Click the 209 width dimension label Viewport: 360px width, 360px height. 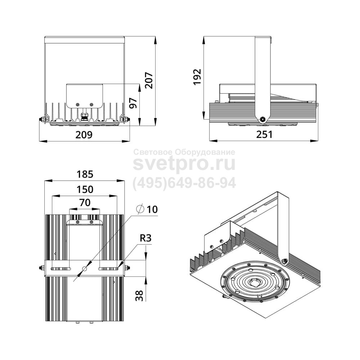(x=84, y=135)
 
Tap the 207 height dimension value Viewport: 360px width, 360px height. (x=149, y=80)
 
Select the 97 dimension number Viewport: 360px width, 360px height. (x=133, y=103)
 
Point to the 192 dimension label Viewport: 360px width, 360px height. (x=197, y=77)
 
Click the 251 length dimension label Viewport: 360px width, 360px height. (x=265, y=135)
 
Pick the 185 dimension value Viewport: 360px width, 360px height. (x=85, y=174)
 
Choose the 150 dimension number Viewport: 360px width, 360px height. (x=85, y=190)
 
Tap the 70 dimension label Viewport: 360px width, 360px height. (x=85, y=203)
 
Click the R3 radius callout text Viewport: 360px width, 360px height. (x=146, y=238)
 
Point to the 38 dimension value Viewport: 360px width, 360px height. (x=139, y=296)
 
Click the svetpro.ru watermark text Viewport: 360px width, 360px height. (x=184, y=163)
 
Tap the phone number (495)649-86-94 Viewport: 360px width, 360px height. (x=184, y=183)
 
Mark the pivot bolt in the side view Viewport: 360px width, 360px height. (x=262, y=119)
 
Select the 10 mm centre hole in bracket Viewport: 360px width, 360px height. (x=85, y=269)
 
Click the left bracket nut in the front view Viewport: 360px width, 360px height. (x=42, y=120)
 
